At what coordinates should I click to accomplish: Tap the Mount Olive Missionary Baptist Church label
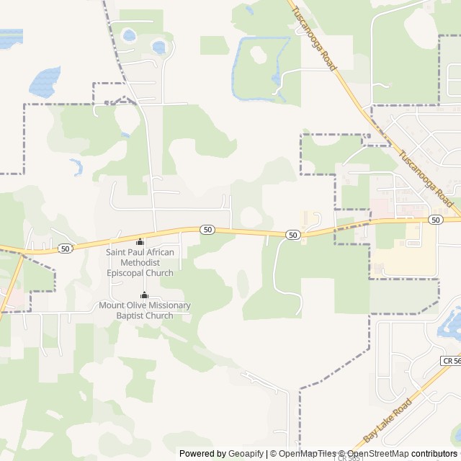[x=145, y=310]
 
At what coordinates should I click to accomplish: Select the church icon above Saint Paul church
[x=140, y=241]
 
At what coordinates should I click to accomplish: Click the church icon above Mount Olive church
[x=144, y=295]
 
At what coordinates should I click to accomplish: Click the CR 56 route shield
[x=450, y=359]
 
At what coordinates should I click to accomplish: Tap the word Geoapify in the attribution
[x=246, y=454]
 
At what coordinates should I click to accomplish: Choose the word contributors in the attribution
[x=436, y=454]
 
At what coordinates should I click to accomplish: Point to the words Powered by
[x=202, y=454]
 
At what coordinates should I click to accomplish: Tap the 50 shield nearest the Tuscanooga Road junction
[x=435, y=219]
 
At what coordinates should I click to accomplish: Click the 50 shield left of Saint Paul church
[x=66, y=249]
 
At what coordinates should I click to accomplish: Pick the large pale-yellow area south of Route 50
[x=403, y=252]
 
